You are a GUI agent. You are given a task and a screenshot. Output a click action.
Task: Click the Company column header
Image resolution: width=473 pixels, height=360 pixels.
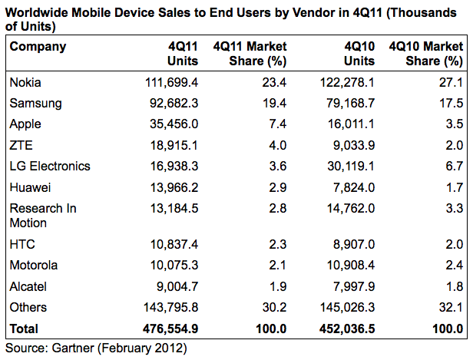(x=38, y=46)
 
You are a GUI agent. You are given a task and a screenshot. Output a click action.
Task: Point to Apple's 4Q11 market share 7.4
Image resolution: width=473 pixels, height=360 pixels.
(x=278, y=124)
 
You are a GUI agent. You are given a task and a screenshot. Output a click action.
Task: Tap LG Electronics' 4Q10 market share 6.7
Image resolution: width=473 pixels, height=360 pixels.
(x=453, y=166)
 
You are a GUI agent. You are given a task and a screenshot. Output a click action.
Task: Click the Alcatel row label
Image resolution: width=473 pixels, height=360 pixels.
(x=28, y=286)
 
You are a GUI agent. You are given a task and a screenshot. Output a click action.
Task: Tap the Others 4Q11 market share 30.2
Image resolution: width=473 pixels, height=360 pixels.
(x=275, y=308)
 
